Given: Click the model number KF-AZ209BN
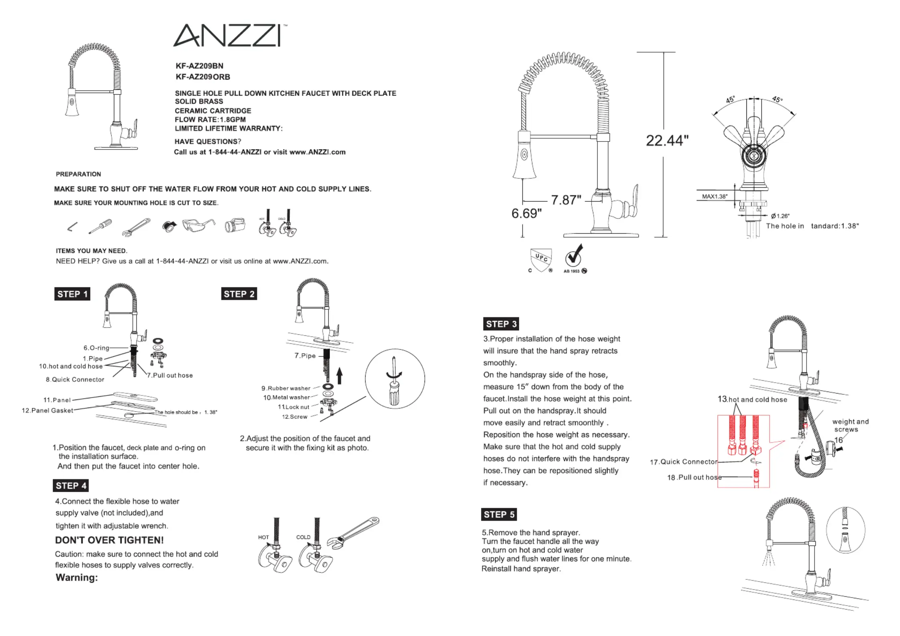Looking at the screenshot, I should point(199,66).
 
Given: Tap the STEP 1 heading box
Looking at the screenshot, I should point(72,294).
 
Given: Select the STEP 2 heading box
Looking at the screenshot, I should point(239,294).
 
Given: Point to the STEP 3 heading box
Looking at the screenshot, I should point(501,324).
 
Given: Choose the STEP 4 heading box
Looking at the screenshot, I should point(71,485).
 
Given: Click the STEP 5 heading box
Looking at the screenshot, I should point(499,514).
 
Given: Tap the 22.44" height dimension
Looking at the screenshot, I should point(667,141).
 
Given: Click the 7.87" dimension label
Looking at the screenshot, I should point(566,200).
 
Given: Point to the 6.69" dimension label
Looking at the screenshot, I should point(526,214).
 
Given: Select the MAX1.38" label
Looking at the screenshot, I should point(714,196).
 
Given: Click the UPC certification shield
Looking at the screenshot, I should point(541,259).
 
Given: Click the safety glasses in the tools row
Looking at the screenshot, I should point(198,225).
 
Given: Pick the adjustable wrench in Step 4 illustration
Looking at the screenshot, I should point(353,532).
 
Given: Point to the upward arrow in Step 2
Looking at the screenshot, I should point(340,376).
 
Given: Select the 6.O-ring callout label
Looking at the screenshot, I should point(96,348).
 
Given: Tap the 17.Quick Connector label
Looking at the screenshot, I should point(684,462).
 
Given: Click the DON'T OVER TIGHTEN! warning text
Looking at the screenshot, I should point(109,540).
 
